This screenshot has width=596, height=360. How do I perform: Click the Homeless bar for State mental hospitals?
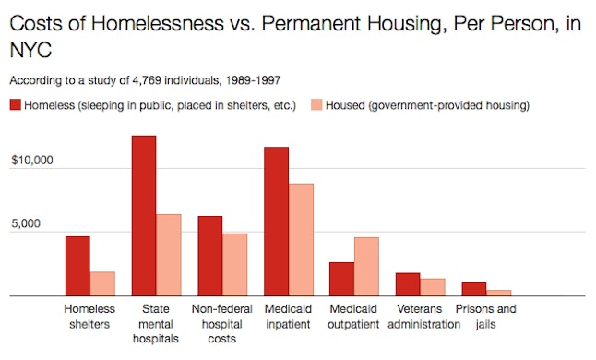pyautogui.click(x=143, y=216)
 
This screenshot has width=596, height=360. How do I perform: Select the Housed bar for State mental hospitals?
pyautogui.click(x=169, y=255)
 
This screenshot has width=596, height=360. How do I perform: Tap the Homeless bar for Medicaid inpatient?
pyautogui.click(x=276, y=222)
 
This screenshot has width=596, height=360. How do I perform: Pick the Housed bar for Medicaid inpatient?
pyautogui.click(x=301, y=240)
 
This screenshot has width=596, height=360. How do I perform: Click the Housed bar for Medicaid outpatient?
pyautogui.click(x=367, y=267)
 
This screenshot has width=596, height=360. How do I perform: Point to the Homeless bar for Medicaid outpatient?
pyautogui.click(x=342, y=279)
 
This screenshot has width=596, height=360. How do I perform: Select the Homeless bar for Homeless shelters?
pyautogui.click(x=77, y=266)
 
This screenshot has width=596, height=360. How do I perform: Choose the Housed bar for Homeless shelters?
pyautogui.click(x=102, y=283)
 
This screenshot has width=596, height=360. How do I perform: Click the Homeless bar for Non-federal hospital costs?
pyautogui.click(x=209, y=256)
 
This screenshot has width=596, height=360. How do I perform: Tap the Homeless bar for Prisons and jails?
pyautogui.click(x=474, y=289)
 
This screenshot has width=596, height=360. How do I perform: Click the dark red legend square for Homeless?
pyautogui.click(x=16, y=105)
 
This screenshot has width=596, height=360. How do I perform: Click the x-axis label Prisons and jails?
pyautogui.click(x=486, y=317)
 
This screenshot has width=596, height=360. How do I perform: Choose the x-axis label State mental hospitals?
pyautogui.click(x=156, y=324)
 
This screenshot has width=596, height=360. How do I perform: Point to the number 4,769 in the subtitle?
pyautogui.click(x=138, y=80)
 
